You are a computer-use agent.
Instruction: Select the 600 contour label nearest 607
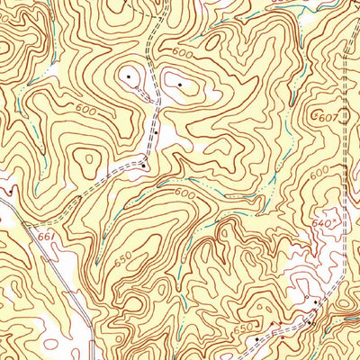[320, 175]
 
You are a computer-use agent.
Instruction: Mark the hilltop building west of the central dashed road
[128, 77]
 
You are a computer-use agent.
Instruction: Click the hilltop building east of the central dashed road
[180, 85]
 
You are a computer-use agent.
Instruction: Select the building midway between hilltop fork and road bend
[155, 132]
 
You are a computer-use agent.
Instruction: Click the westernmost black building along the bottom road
[256, 338]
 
